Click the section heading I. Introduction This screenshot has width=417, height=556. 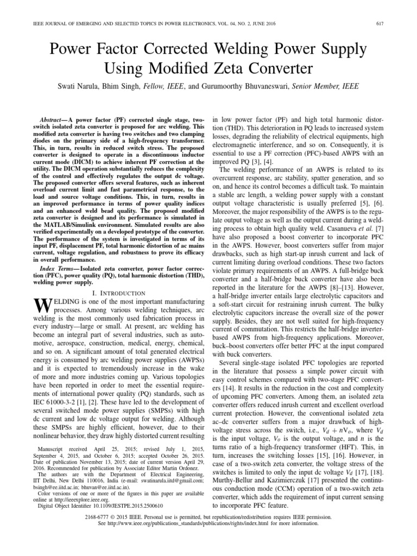click(116, 293)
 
